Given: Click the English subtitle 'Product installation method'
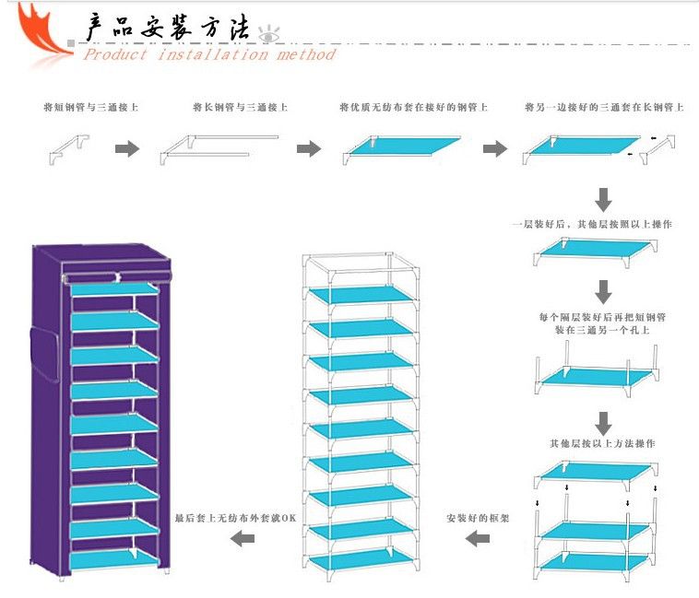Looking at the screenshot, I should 210,54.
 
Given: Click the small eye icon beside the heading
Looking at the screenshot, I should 268,34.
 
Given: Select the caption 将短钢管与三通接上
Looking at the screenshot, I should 91,108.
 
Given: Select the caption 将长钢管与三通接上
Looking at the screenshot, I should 240,108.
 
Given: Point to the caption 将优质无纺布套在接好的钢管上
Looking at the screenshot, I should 414,108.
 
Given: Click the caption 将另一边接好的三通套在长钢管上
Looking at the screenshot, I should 604,108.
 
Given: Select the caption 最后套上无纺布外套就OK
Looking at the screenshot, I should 236,518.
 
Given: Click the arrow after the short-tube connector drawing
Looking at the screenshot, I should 127,148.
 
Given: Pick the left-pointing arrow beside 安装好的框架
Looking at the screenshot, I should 477,538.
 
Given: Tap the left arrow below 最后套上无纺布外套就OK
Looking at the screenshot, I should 242,538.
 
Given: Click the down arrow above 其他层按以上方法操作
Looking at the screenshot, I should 603,423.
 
